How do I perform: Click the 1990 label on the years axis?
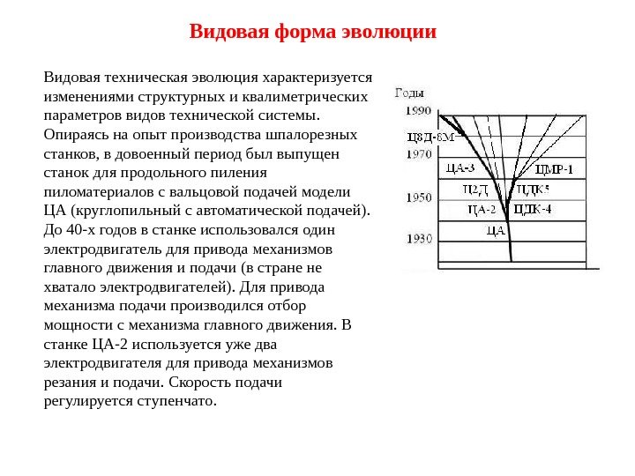point(418,111)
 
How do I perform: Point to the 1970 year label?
point(418,153)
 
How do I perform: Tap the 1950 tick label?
point(418,198)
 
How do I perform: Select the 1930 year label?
point(418,238)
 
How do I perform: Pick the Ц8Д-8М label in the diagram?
point(430,138)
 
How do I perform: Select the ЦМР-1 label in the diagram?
point(554,168)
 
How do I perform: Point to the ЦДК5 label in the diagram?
point(533,189)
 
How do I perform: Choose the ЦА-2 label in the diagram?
point(482,210)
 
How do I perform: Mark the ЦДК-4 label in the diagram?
point(533,210)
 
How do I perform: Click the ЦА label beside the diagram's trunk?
point(495,231)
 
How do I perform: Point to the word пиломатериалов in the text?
point(97,192)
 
